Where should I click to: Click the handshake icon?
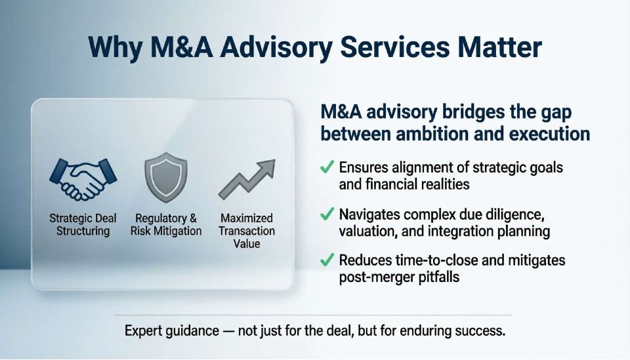click(x=83, y=179)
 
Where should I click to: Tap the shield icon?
click(x=166, y=177)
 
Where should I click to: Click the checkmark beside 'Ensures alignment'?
click(x=327, y=167)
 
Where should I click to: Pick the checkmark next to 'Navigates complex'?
click(x=327, y=214)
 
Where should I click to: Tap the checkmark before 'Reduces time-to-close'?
click(x=327, y=260)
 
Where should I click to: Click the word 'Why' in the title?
click(x=115, y=48)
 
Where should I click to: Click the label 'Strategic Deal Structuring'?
click(x=83, y=225)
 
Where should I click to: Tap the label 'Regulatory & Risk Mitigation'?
click(x=166, y=225)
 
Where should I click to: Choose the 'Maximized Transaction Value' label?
click(x=247, y=231)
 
